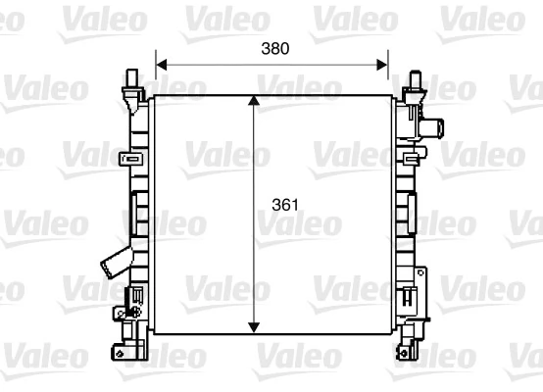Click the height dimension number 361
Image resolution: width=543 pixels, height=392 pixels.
283,207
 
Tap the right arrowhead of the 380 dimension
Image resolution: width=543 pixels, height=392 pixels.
383,65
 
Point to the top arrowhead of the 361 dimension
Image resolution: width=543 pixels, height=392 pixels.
256,102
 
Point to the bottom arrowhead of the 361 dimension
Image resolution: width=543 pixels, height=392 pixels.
256,326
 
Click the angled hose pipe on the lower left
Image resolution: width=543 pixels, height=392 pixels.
113,264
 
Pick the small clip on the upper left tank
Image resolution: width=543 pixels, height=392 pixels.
125,158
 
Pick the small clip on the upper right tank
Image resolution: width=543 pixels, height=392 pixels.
408,156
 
